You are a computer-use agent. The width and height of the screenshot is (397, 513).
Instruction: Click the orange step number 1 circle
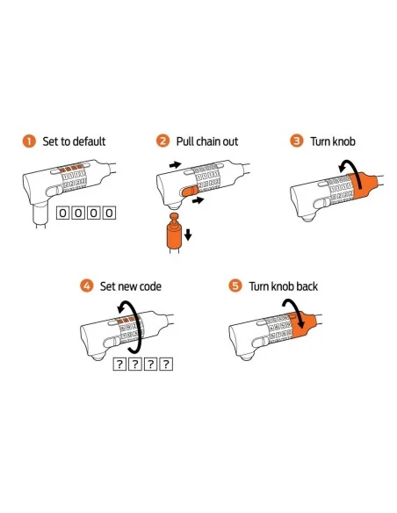click(29, 141)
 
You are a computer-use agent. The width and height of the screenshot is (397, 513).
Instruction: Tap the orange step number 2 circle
click(162, 141)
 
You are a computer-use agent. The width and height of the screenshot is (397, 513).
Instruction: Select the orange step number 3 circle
click(297, 141)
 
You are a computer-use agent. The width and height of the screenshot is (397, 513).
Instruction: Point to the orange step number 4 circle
click(87, 286)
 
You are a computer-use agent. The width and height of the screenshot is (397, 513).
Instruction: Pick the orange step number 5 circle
click(235, 286)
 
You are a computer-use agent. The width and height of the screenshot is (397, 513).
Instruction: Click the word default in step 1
click(89, 141)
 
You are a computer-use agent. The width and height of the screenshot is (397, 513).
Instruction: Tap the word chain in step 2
click(208, 141)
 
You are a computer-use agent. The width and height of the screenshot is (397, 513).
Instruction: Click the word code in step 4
click(150, 286)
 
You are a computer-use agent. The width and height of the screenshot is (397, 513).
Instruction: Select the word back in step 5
click(307, 286)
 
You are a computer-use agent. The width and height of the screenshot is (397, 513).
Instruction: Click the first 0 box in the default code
click(62, 213)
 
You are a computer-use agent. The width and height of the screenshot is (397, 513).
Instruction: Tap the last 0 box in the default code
click(110, 213)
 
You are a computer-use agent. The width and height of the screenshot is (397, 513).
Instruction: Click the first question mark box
click(119, 365)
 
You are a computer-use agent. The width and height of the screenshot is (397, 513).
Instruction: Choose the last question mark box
click(166, 365)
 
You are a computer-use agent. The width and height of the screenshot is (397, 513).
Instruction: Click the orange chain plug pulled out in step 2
click(174, 231)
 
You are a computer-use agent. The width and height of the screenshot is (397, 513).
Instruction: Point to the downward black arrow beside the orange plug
click(188, 235)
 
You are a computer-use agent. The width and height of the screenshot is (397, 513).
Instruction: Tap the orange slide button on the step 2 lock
click(190, 191)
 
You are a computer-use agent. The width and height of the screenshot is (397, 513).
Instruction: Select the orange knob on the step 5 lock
click(302, 325)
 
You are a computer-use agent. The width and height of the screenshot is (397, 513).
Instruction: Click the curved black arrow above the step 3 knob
click(351, 170)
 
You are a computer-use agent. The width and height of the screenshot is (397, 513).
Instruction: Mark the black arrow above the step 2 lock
click(176, 164)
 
